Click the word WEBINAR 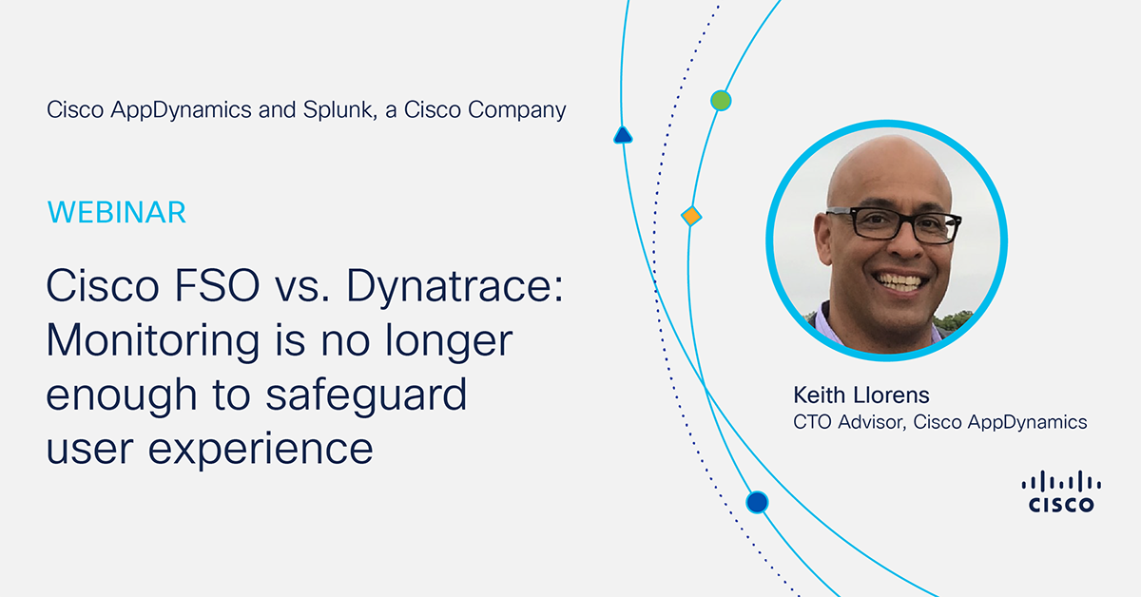[x=117, y=212]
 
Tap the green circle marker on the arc [x=721, y=101]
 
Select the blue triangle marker [x=623, y=136]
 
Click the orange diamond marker [x=691, y=216]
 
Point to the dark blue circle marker [x=757, y=502]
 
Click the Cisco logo [x=1061, y=491]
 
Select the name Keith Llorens [x=861, y=395]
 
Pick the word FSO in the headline [x=217, y=285]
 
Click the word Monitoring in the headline [x=153, y=341]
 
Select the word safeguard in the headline [x=366, y=395]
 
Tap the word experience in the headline [x=261, y=451]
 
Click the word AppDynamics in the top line [x=182, y=110]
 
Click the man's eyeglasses [x=895, y=224]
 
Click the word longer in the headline [x=448, y=341]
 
